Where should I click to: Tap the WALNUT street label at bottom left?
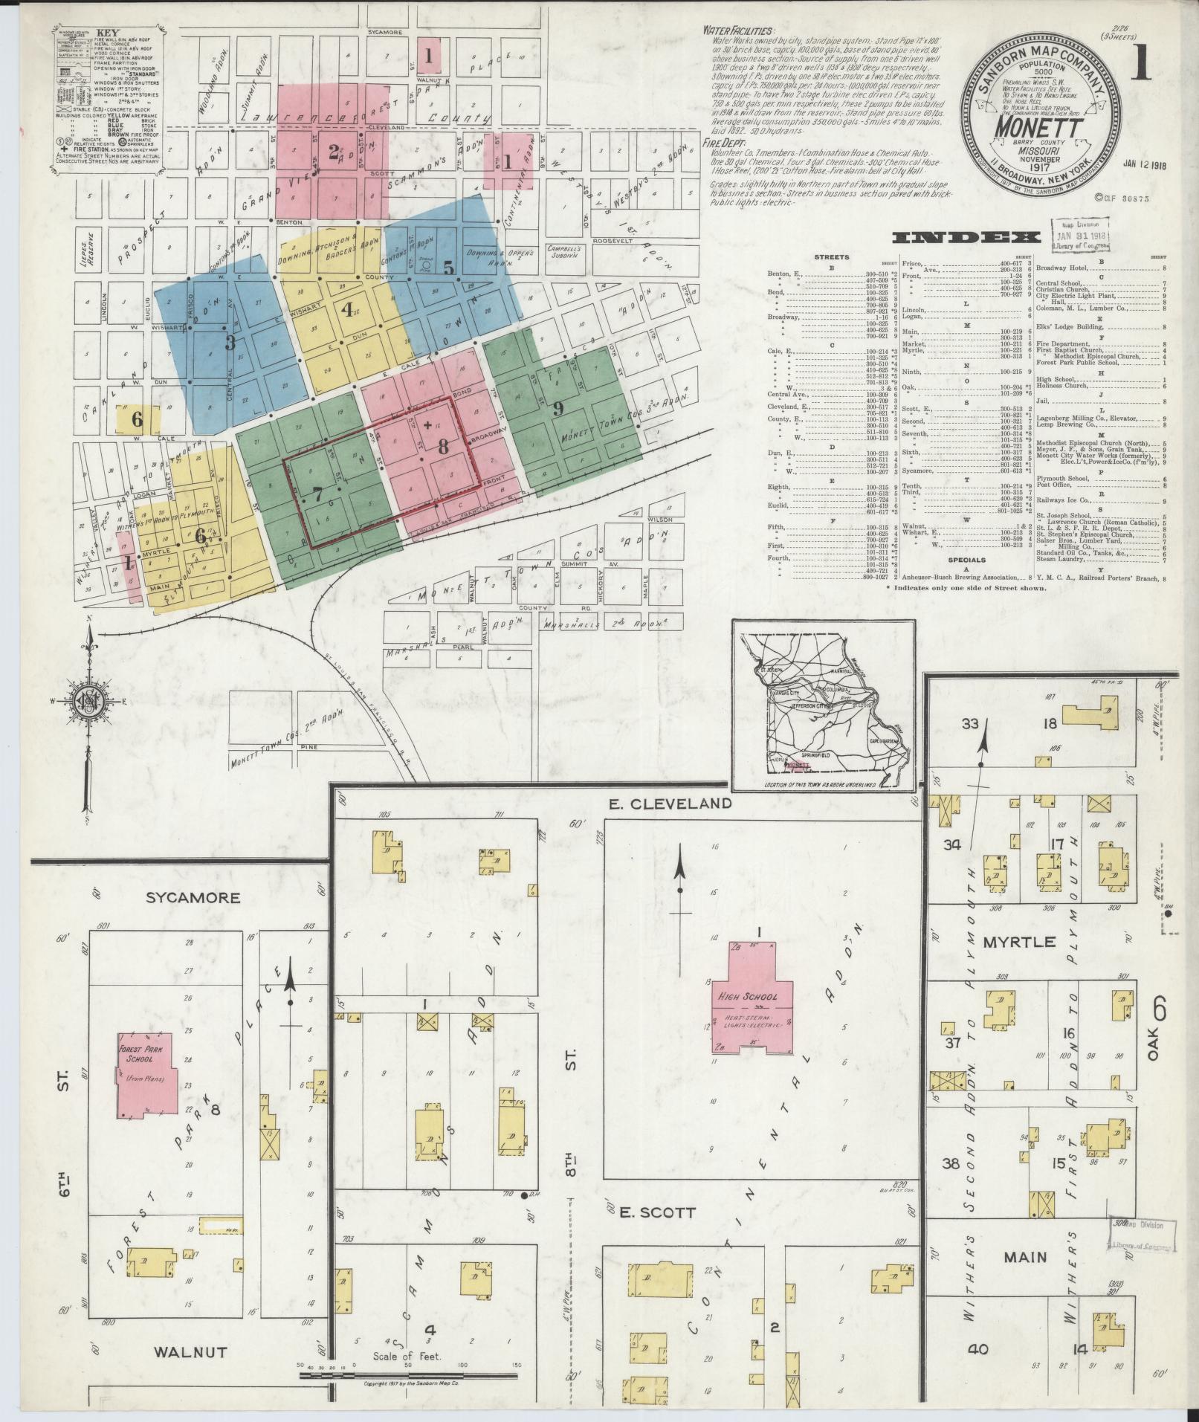[x=190, y=1352]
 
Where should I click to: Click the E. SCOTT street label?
[x=657, y=1212]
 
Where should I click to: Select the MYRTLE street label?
[x=1019, y=941]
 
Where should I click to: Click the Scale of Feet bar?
[x=407, y=1376]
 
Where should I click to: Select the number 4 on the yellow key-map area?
[x=347, y=310]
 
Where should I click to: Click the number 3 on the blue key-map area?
[x=230, y=343]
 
